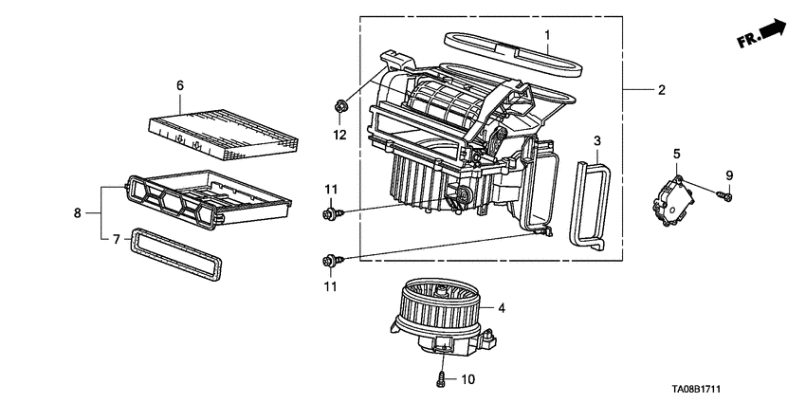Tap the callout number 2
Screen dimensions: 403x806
coord(661,90)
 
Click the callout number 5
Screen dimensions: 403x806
coord(677,153)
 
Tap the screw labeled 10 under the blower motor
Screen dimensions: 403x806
coord(441,381)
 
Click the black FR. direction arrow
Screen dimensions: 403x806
coord(773,30)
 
